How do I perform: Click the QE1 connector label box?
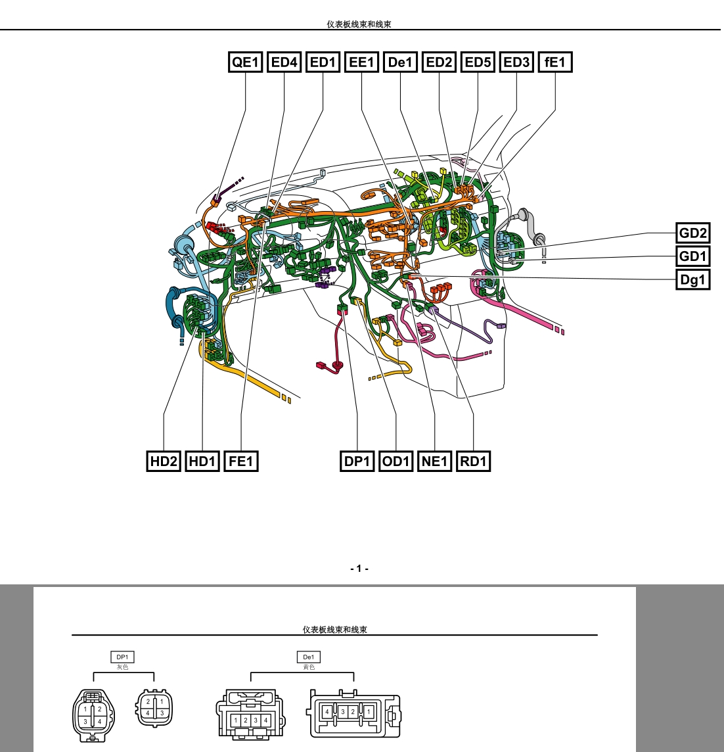pyautogui.click(x=245, y=62)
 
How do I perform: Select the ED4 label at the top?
pyautogui.click(x=284, y=62)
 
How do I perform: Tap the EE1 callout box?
pyautogui.click(x=361, y=62)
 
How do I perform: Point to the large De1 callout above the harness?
pyautogui.click(x=400, y=62)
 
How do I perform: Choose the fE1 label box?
pyautogui.click(x=555, y=62)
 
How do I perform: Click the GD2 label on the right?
pyautogui.click(x=693, y=233)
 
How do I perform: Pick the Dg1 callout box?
pyautogui.click(x=693, y=279)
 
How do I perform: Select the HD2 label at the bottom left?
pyautogui.click(x=164, y=461)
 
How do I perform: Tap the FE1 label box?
pyautogui.click(x=240, y=461)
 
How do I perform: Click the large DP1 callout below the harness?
pyautogui.click(x=357, y=461)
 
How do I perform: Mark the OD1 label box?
pyautogui.click(x=396, y=461)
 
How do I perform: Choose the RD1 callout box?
pyautogui.click(x=473, y=461)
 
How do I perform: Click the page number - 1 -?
pyautogui.click(x=359, y=569)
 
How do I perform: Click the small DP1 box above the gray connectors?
pyautogui.click(x=122, y=657)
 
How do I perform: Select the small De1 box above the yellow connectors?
pyautogui.click(x=309, y=657)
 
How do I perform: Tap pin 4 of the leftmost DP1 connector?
pyautogui.click(x=100, y=721)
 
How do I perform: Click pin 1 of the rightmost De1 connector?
pyautogui.click(x=369, y=712)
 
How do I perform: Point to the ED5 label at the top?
pyautogui.click(x=478, y=62)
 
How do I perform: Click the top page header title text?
pyautogui.click(x=359, y=24)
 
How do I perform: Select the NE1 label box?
pyautogui.click(x=434, y=461)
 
